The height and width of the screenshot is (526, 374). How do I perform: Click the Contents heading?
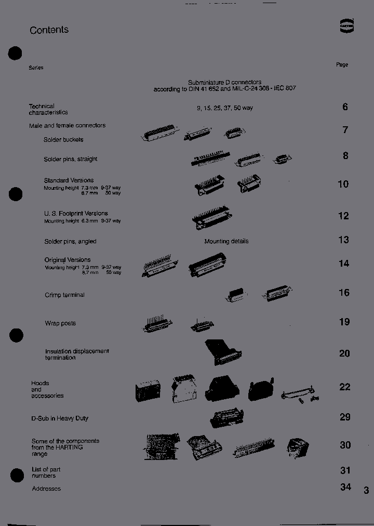coord(49,30)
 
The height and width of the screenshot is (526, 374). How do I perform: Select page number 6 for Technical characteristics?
coord(345,107)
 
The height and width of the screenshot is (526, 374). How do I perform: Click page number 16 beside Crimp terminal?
coord(344,293)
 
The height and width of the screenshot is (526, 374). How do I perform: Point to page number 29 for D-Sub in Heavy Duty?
coord(344,417)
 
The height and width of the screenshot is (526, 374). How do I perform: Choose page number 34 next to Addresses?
coord(345,487)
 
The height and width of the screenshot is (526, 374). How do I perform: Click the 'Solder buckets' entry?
coord(63,140)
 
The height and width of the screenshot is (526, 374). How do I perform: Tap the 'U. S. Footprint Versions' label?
coord(76,213)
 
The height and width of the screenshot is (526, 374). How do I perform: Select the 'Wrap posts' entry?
coord(60,323)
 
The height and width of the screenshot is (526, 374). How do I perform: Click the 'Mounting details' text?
coord(226,241)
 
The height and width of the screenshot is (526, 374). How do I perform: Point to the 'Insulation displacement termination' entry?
coord(77,354)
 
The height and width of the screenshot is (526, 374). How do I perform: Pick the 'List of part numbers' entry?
coord(46,472)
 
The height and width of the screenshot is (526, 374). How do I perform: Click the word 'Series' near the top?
coord(36,68)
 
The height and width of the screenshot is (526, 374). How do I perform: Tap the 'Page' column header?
coord(342,64)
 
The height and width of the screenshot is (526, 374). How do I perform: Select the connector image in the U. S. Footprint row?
coord(211,217)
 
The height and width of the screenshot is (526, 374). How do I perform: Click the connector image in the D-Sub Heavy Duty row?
coord(226,418)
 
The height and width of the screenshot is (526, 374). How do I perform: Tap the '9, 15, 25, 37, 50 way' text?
coord(224,108)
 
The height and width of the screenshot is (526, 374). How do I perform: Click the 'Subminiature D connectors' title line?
coord(224,82)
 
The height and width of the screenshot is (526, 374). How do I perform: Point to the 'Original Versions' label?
coord(67,260)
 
